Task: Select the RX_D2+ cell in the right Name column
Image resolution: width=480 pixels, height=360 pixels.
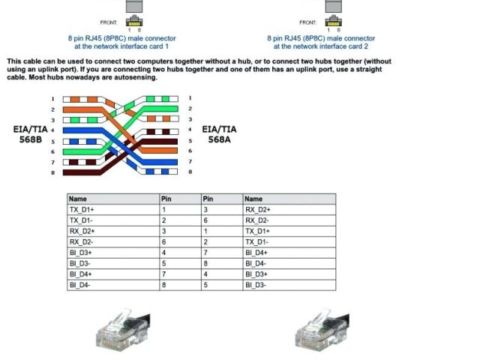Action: [x=258, y=210]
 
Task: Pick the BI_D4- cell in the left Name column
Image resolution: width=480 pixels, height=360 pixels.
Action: [x=79, y=285]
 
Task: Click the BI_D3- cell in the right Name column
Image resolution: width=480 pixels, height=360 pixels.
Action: [x=256, y=285]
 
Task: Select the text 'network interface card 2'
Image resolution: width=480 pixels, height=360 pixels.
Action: [x=322, y=46]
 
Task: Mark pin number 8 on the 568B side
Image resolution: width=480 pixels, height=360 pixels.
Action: [x=53, y=172]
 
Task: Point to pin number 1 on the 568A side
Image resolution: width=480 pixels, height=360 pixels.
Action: [x=190, y=98]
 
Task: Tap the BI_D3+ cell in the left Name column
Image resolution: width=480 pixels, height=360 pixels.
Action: [x=79, y=253]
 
